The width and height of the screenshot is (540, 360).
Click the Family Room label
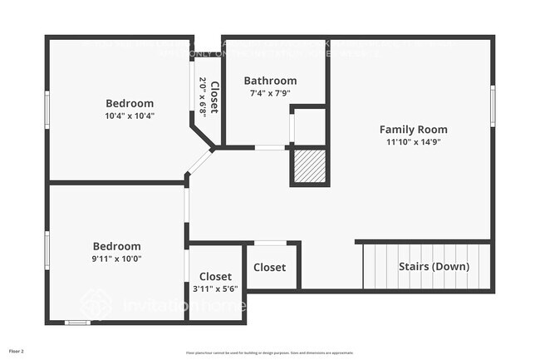pyautogui.click(x=413, y=129)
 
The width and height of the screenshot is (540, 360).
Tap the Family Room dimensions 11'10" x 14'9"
pyautogui.click(x=413, y=142)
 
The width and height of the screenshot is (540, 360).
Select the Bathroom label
pyautogui.click(x=270, y=81)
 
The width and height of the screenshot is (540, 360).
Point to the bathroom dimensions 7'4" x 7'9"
pyautogui.click(x=270, y=93)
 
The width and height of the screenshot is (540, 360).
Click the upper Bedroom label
pyautogui.click(x=129, y=103)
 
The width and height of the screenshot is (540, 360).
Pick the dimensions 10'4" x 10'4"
pyautogui.click(x=129, y=116)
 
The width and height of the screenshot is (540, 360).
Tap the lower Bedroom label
pyautogui.click(x=116, y=246)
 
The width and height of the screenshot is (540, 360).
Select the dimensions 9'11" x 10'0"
pyautogui.click(x=116, y=259)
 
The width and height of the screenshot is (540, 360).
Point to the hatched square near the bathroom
pyautogui.click(x=309, y=167)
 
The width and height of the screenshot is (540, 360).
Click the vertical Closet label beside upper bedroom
pyautogui.click(x=214, y=97)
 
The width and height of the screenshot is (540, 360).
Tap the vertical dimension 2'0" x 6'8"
pyautogui.click(x=202, y=96)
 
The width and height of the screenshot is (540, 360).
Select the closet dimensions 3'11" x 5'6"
pyautogui.click(x=215, y=288)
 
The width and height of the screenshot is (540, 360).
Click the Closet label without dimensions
pyautogui.click(x=269, y=268)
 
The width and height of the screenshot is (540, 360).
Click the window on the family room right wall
pyautogui.click(x=492, y=106)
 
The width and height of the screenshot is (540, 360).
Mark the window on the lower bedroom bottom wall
pyautogui.click(x=77, y=322)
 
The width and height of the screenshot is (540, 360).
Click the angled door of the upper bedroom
pyautogui.click(x=199, y=161)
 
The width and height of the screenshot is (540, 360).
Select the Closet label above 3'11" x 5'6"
pyautogui.click(x=215, y=276)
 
